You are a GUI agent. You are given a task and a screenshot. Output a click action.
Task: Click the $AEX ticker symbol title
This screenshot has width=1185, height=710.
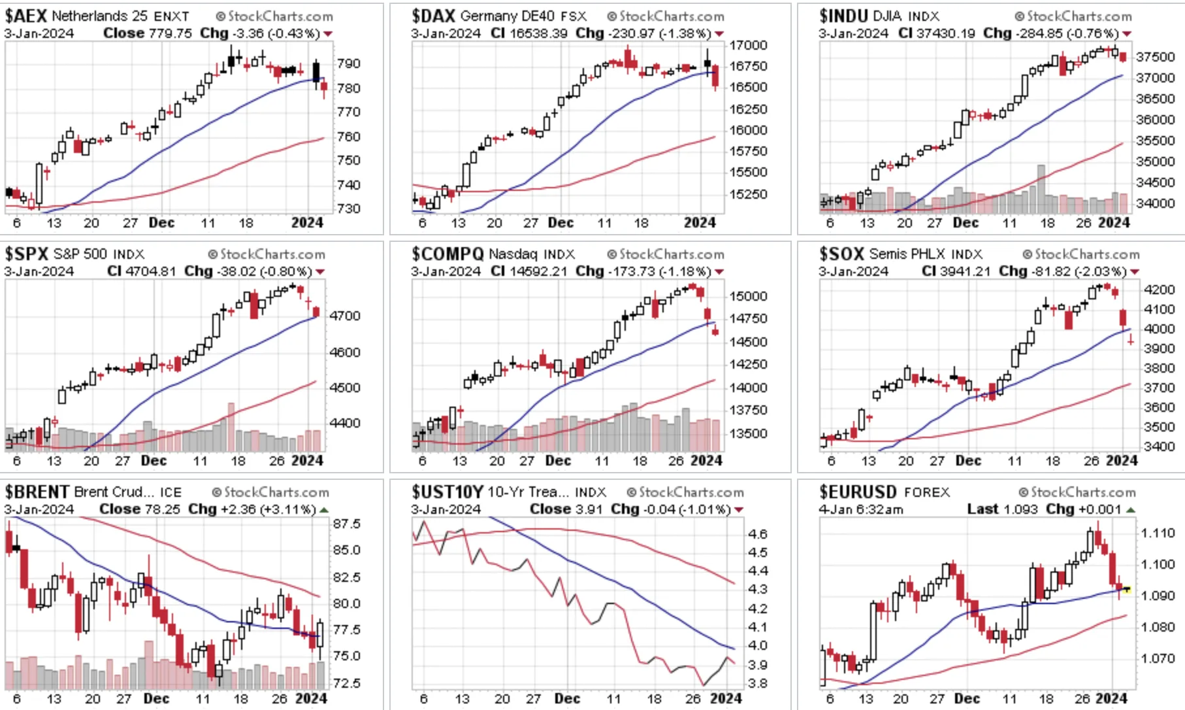[x=25, y=16]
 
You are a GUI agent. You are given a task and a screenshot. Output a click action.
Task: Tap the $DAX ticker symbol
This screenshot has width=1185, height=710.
[x=433, y=16]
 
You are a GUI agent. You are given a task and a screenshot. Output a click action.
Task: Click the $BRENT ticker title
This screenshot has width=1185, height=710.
[x=37, y=492]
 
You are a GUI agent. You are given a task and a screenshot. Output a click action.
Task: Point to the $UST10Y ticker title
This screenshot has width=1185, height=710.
[x=447, y=492]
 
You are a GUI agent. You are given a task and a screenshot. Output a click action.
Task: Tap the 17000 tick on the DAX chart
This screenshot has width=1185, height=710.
[x=748, y=45]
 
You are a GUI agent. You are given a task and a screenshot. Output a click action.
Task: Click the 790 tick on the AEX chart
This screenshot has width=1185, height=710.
[x=348, y=63]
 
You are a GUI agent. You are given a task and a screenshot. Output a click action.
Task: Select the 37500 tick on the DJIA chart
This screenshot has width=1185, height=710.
[x=1156, y=57]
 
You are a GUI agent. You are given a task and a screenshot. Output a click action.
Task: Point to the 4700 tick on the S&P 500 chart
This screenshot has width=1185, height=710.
[x=345, y=316]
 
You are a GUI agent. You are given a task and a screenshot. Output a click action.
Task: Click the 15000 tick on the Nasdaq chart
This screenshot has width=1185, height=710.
[x=748, y=296]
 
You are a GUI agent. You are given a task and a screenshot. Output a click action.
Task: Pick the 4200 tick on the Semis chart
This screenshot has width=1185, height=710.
[x=1160, y=290]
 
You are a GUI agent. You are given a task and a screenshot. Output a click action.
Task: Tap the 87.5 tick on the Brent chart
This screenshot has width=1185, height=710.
[x=347, y=524]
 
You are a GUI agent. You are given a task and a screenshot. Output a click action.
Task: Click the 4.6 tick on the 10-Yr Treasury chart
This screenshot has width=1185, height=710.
[x=758, y=534]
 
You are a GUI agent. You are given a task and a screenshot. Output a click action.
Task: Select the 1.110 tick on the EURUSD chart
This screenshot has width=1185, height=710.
[x=1158, y=533]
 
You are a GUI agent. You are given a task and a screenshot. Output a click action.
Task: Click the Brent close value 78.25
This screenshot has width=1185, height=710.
[x=166, y=509]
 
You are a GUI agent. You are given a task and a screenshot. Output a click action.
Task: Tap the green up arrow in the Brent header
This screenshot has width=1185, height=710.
[x=325, y=509]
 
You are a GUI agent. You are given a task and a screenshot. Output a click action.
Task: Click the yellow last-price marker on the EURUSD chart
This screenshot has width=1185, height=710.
[x=1127, y=589]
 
